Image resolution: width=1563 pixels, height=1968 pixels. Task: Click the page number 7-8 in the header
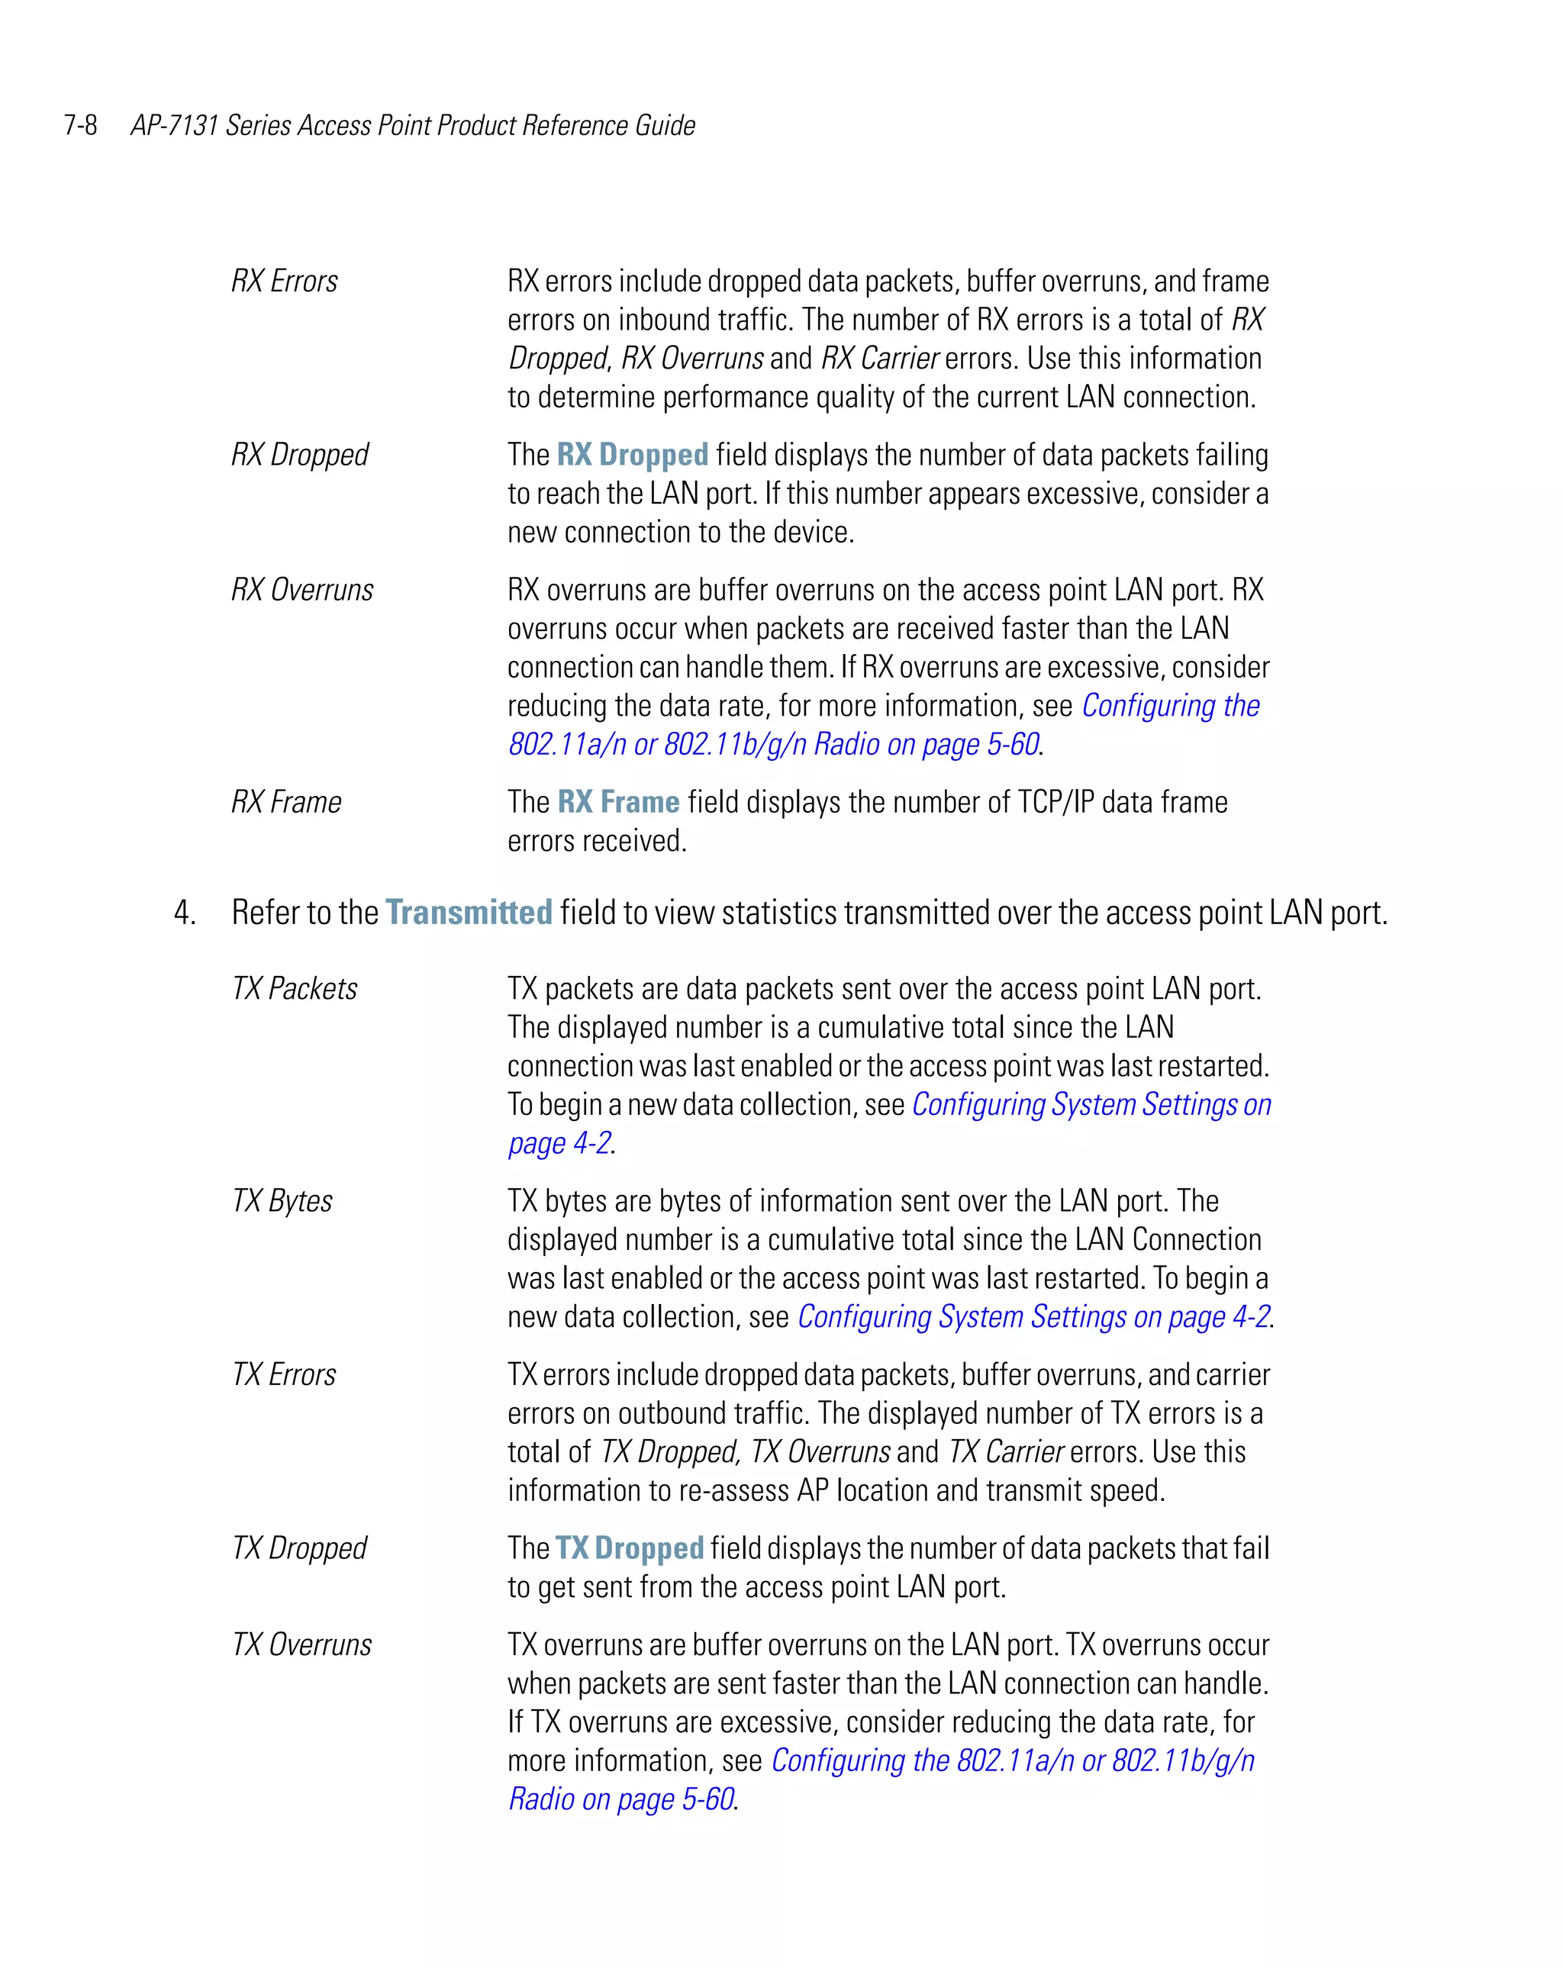80,125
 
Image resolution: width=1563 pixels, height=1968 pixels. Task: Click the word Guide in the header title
665,125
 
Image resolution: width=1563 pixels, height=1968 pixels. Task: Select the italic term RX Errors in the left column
284,281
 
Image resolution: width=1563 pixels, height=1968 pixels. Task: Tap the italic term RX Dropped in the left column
299,455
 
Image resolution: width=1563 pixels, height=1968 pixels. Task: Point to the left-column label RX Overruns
302,590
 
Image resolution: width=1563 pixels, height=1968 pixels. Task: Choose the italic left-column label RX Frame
285,802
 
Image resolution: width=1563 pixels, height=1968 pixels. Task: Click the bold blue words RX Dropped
632,455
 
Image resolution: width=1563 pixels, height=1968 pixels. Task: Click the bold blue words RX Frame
618,802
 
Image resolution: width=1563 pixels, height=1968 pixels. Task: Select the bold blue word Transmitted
469,913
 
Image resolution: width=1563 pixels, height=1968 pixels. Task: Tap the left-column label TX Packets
294,988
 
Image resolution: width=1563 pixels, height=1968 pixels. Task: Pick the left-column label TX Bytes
282,1201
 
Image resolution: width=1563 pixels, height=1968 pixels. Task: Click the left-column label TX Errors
284,1374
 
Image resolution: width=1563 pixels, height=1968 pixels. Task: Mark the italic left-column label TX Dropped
298,1548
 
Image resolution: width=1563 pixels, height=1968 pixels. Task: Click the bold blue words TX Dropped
629,1548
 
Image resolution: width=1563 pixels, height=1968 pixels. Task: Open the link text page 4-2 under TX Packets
559,1144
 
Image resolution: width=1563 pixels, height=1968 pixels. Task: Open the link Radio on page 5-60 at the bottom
620,1799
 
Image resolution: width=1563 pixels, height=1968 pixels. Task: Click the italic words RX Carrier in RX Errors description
879,359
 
